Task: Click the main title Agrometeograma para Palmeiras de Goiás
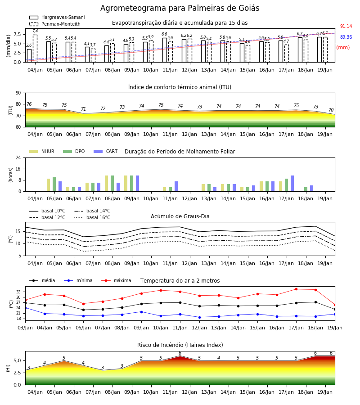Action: coord(180,8)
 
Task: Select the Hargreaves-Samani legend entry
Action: coord(57,17)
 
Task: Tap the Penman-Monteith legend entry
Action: coord(55,24)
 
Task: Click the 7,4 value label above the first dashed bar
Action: coord(35,31)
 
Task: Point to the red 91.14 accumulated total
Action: coord(346,27)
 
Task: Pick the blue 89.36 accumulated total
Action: coord(346,37)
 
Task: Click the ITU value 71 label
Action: coord(83,109)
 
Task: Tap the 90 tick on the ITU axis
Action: coord(18,93)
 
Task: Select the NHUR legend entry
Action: coord(42,151)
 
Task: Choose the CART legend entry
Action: coord(106,151)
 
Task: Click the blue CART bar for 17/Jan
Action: coord(292,184)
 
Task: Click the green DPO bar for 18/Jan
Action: coord(306,189)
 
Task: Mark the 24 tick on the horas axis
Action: coord(18,157)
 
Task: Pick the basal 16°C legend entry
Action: coord(92,217)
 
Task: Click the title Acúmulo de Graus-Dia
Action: coord(180,216)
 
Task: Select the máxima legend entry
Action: coord(116,280)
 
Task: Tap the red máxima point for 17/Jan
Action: coord(296,289)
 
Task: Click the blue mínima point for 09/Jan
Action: coord(141,312)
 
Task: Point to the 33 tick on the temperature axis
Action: coord(18,292)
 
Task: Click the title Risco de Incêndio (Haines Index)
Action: coord(180,345)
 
